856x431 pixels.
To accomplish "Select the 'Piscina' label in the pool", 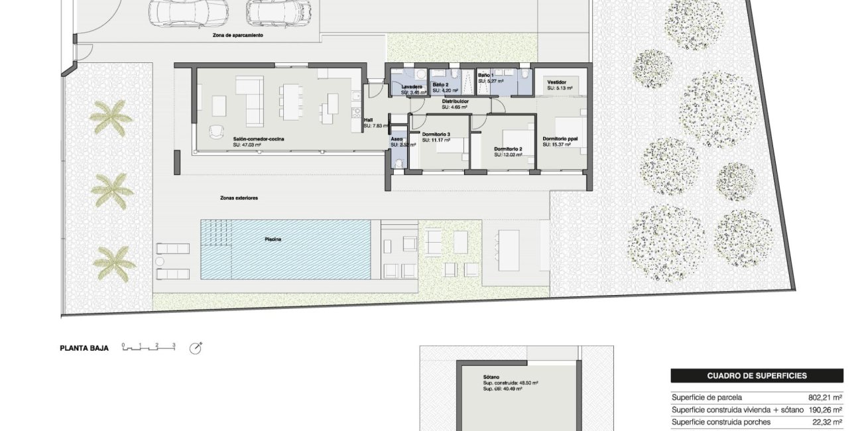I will [273, 239].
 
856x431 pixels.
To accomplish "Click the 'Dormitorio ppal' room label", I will [561, 139].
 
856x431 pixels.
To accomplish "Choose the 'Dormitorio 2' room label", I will [508, 149].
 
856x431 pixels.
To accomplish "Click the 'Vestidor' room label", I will [556, 83].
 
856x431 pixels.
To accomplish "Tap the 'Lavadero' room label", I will [412, 86].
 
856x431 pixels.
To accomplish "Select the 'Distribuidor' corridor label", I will [455, 101].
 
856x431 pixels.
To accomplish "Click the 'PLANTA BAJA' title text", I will [84, 347].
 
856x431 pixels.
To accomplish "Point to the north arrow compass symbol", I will [196, 348].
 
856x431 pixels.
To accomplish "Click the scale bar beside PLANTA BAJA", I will [149, 347].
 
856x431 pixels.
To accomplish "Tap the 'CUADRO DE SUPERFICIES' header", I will [757, 376].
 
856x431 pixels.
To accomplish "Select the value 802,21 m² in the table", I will [825, 398].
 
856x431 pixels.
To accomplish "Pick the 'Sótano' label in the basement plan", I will [491, 377].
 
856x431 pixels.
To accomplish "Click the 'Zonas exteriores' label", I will [239, 198].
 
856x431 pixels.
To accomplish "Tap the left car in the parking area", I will [188, 11].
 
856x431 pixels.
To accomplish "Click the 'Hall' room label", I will [368, 120].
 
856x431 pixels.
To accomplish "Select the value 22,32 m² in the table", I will [826, 422].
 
